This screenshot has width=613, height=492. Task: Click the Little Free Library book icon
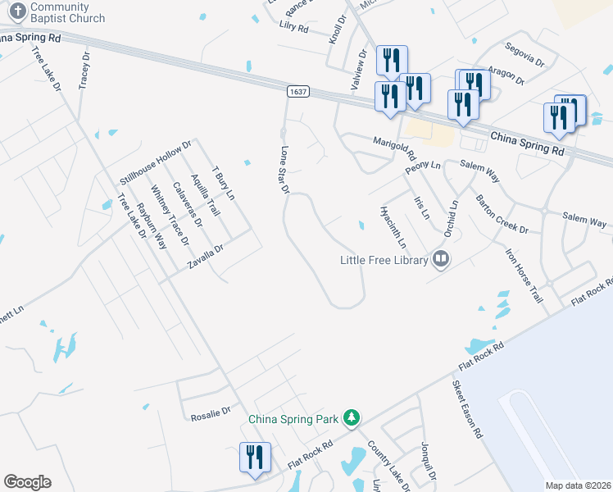tap(441, 260)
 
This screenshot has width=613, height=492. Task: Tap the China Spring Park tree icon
tap(352, 418)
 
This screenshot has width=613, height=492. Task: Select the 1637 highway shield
tap(298, 92)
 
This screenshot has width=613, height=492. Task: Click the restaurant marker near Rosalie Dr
tap(254, 458)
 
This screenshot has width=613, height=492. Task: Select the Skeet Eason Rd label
tap(466, 409)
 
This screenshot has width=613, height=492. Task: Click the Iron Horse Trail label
tap(524, 276)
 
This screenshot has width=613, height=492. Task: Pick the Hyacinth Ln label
tap(393, 226)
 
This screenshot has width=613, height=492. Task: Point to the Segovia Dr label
tap(524, 54)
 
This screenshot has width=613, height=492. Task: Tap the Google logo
tap(27, 482)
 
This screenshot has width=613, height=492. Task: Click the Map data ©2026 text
tap(578, 485)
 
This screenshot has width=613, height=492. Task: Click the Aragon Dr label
tap(505, 75)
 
